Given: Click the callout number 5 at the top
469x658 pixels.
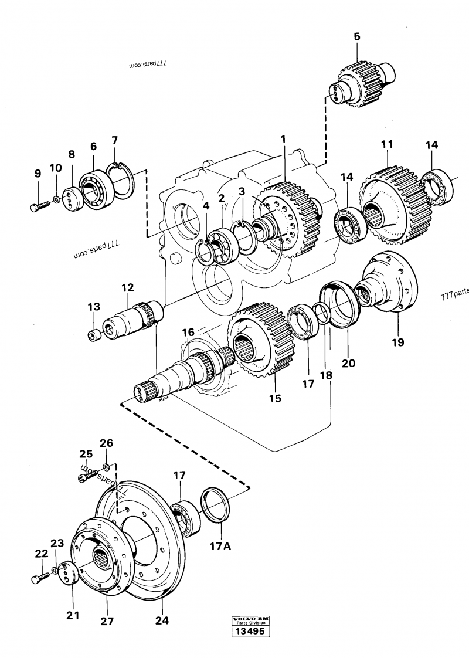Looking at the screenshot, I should tap(356, 37).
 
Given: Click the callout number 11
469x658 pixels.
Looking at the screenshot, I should tap(387, 144).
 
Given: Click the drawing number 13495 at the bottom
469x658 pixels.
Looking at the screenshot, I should tap(249, 632).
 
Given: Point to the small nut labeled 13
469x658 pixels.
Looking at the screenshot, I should tap(91, 335).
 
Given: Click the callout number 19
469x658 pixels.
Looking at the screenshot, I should tap(398, 342).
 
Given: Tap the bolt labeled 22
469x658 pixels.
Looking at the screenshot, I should tap(39, 578).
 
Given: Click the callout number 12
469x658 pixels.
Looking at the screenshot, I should tap(128, 287).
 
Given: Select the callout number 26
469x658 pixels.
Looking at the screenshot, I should tap(106, 443).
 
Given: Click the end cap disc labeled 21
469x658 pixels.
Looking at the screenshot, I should tap(69, 572).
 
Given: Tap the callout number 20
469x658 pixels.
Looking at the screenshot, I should tap(348, 363).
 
